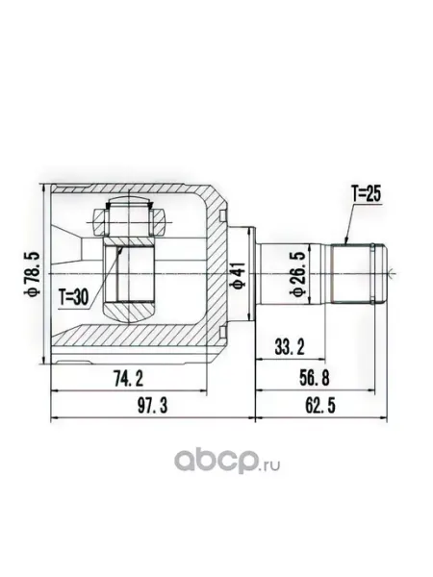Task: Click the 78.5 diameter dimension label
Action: pos(32,274)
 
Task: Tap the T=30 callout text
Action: pos(74,297)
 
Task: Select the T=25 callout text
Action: pos(366,194)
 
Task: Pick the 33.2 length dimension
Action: pos(290,346)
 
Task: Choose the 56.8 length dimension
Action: pos(314,378)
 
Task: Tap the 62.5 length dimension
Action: pos(320,406)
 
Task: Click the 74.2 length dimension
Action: pos(128,379)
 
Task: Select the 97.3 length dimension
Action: pos(152,406)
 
